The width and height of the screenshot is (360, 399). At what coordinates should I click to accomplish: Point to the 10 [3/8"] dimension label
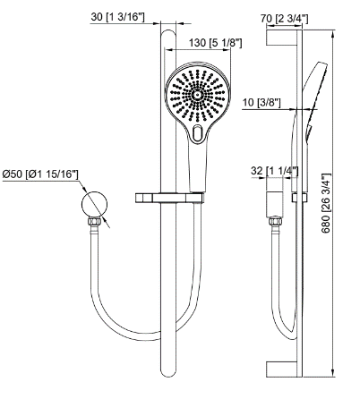coord(262,104)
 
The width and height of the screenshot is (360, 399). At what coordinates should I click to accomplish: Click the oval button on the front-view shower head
coord(198,132)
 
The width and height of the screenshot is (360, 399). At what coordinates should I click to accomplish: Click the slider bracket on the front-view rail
coord(167,196)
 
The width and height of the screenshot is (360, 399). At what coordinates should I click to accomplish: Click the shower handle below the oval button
coord(193,166)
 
